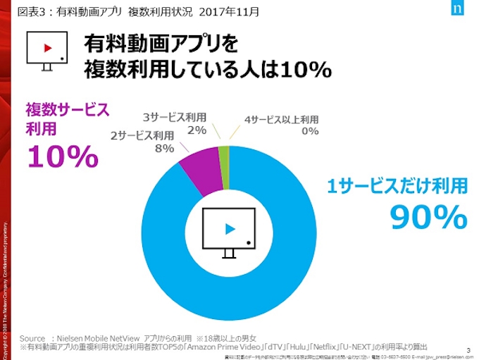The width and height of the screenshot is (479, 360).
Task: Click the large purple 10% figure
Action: [x=62, y=156]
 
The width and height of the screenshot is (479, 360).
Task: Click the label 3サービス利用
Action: [x=175, y=117]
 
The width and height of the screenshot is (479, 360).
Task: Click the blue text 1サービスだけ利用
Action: [x=397, y=186]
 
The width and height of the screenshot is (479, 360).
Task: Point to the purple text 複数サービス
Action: [x=68, y=110]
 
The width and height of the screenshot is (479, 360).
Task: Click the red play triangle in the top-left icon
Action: [x=48, y=49]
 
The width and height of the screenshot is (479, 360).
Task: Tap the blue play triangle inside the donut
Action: [x=229, y=228]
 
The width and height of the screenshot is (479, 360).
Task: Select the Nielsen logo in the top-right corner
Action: [x=459, y=11]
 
